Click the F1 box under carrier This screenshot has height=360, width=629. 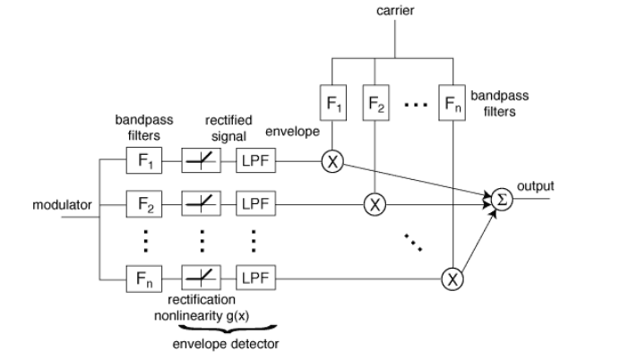333,104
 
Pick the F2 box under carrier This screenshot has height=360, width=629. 376,104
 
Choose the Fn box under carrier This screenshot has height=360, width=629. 452,104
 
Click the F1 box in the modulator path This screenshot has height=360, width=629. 145,163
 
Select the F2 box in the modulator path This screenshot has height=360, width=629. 145,204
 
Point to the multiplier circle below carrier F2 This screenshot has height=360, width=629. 376,204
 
